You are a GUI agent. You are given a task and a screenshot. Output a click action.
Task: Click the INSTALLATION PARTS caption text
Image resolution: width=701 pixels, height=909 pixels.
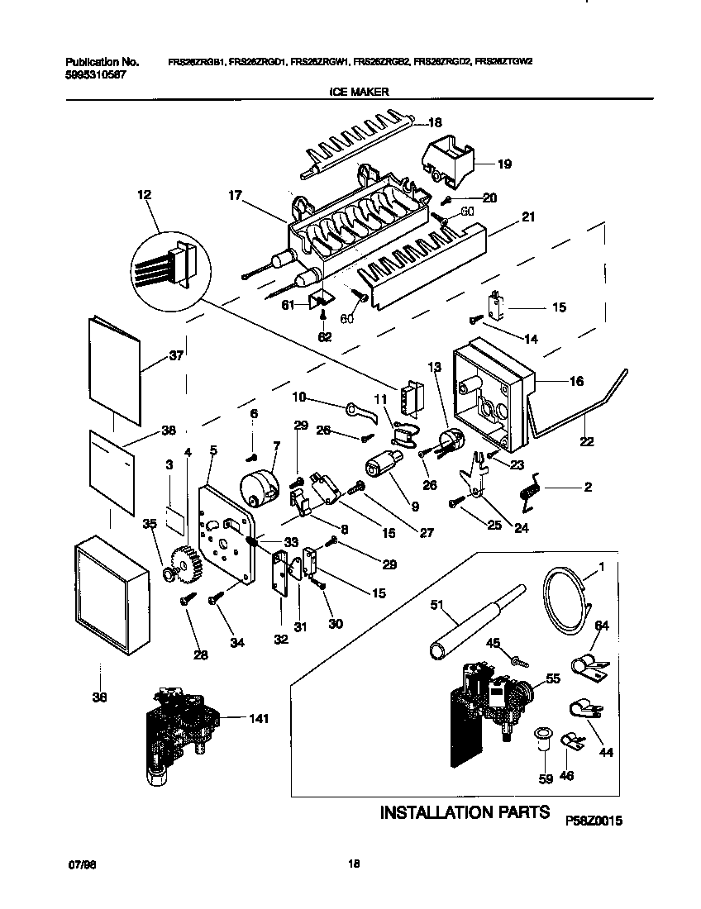point(465,812)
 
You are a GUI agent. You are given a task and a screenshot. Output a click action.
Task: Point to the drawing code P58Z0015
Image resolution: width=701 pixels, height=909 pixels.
point(593,821)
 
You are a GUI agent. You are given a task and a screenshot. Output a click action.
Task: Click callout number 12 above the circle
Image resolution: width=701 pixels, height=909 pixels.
point(145,195)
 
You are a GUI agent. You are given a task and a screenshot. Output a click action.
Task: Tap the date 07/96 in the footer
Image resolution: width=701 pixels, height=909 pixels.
point(76,864)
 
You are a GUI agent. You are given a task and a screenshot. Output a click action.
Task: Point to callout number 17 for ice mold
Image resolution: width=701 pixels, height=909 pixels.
point(236,196)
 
